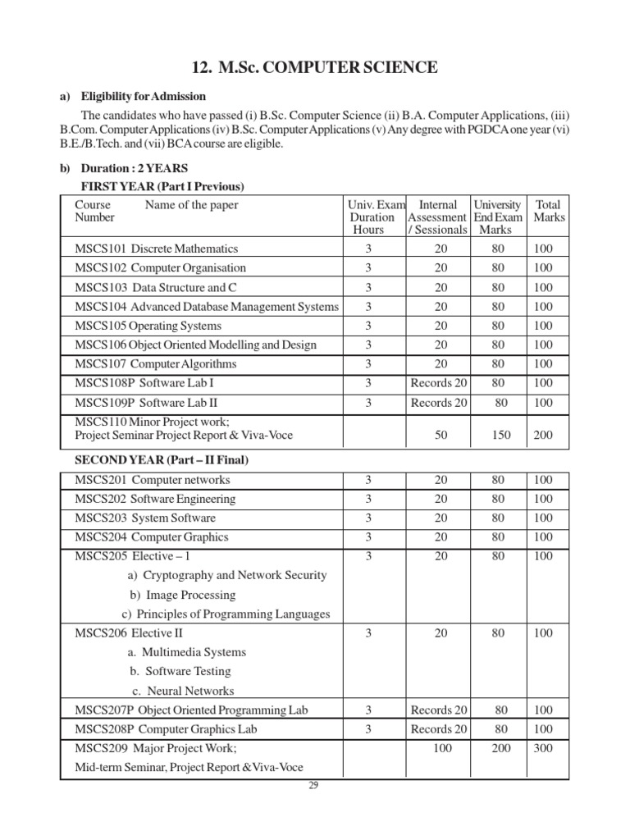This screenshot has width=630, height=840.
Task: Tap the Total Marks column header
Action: click(549, 211)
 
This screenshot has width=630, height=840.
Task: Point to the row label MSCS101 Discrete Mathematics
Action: click(156, 249)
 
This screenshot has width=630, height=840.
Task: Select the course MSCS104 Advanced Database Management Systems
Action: click(206, 306)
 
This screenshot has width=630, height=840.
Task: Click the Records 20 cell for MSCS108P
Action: click(439, 383)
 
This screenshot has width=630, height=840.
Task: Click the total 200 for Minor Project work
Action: click(543, 435)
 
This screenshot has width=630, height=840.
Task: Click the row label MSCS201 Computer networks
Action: click(153, 480)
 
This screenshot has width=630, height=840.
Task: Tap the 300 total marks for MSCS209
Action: click(543, 748)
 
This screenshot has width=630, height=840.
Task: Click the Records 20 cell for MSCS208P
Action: click(439, 728)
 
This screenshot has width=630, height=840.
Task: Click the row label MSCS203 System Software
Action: click(145, 518)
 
